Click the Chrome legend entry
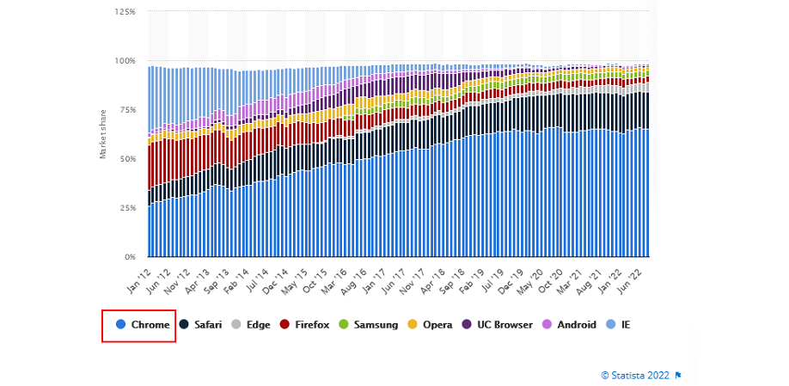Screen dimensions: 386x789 pyautogui.click(x=143, y=325)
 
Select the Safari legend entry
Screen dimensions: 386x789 pyautogui.click(x=201, y=325)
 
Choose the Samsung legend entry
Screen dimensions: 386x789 pyautogui.click(x=368, y=325)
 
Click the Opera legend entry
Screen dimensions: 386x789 pyautogui.click(x=431, y=325)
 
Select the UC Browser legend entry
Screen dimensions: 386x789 pyautogui.click(x=493, y=325)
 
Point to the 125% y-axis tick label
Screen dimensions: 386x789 pyautogui.click(x=125, y=12)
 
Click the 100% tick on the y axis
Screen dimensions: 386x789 pyautogui.click(x=125, y=61)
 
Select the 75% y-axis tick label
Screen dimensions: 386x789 pyautogui.click(x=126, y=110)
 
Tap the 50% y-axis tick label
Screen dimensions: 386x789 pyautogui.click(x=126, y=159)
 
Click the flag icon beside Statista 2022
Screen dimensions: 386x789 pyautogui.click(x=678, y=375)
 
